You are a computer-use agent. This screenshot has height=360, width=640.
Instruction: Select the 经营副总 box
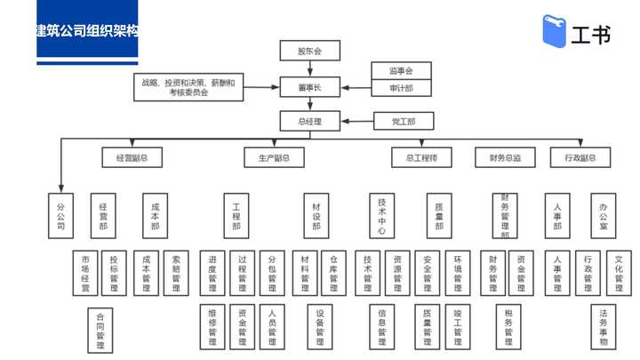132,158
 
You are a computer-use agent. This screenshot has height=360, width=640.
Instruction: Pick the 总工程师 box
421,158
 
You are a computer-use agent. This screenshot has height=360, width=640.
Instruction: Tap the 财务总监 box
505,158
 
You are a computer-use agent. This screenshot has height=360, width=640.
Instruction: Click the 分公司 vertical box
60,215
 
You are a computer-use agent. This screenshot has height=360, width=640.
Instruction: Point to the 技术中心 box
380,215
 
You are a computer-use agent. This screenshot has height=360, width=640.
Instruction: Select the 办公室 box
604,215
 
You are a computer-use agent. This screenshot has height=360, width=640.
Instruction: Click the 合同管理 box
100,329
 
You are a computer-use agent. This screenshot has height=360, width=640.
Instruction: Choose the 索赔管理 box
176,273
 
